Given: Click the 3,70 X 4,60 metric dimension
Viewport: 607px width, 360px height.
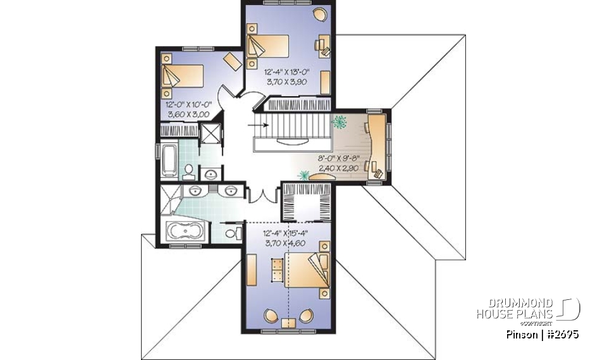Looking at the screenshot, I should (285, 242).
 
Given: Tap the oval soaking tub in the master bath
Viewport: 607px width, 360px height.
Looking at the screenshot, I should (185, 232).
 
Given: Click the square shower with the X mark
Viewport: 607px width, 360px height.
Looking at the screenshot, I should (208, 133).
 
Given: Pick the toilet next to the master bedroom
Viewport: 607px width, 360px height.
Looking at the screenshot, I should (232, 234).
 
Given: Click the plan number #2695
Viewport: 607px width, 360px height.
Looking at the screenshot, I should (563, 333).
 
